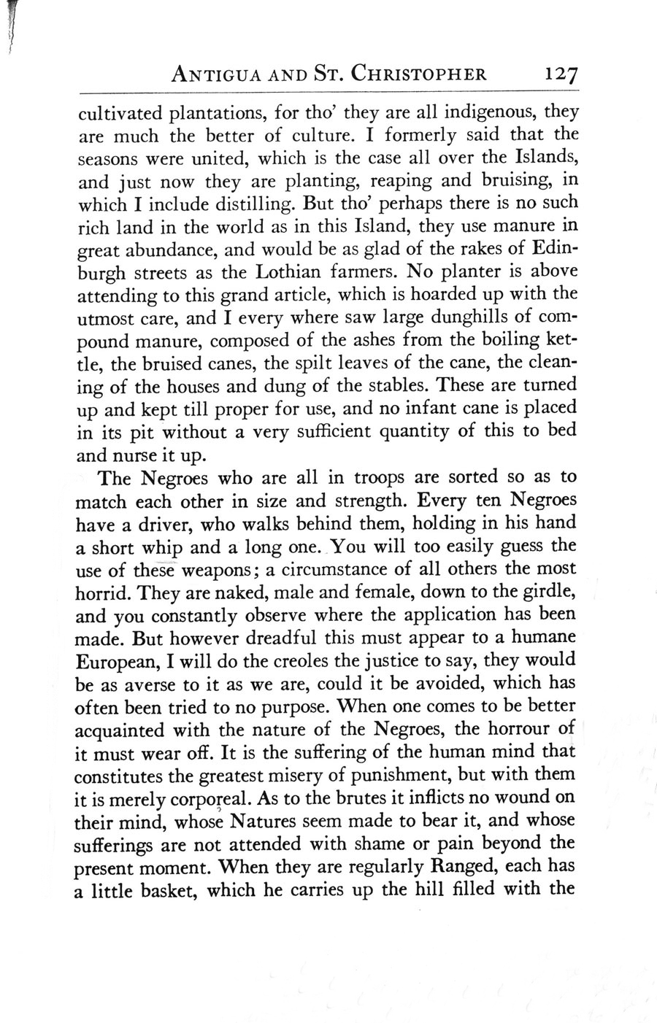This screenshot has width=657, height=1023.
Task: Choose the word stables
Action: (x=398, y=384)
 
